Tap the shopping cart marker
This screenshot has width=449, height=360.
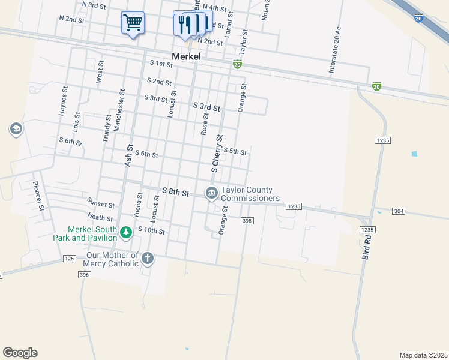click(133, 23)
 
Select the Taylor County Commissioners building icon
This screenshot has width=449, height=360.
click(211, 193)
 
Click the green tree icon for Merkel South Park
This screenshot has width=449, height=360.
click(125, 232)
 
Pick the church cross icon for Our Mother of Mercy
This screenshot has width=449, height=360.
click(147, 259)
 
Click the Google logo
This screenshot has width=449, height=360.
click(20, 353)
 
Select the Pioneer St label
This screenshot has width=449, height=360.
click(39, 196)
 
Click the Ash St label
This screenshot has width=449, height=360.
click(128, 154)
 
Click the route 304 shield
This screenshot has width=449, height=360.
click(399, 211)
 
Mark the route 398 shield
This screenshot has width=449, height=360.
click(246, 221)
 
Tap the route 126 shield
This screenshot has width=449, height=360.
click(68, 259)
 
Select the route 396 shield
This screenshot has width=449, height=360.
click(83, 274)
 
